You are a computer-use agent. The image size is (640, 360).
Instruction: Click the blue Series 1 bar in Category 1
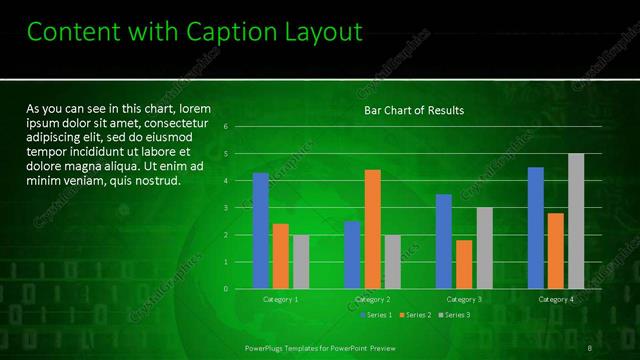tap(261, 231)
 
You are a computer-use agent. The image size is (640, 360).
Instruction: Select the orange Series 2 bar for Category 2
tap(372, 229)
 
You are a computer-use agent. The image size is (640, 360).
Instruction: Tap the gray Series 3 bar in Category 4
tap(576, 221)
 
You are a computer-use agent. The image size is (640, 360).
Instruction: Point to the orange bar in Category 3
tap(464, 264)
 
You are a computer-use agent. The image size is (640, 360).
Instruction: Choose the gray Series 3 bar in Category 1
tap(301, 262)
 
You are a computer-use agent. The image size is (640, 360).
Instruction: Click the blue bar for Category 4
tap(536, 228)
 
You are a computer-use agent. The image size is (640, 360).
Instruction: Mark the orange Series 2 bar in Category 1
tap(281, 256)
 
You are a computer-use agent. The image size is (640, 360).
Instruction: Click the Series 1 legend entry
tap(376, 315)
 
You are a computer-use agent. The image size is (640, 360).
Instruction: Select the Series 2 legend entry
tap(416, 315)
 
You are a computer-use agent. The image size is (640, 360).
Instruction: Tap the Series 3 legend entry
tap(455, 315)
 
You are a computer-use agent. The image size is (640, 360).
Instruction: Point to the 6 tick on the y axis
tap(226, 127)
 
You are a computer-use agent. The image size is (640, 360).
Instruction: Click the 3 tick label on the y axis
tap(226, 208)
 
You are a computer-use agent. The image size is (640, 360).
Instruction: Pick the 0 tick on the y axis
tap(226, 289)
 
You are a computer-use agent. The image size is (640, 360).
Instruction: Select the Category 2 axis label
tap(372, 299)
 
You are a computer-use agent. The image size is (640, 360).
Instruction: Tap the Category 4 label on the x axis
tap(556, 299)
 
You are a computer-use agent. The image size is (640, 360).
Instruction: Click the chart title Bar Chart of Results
tap(413, 110)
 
